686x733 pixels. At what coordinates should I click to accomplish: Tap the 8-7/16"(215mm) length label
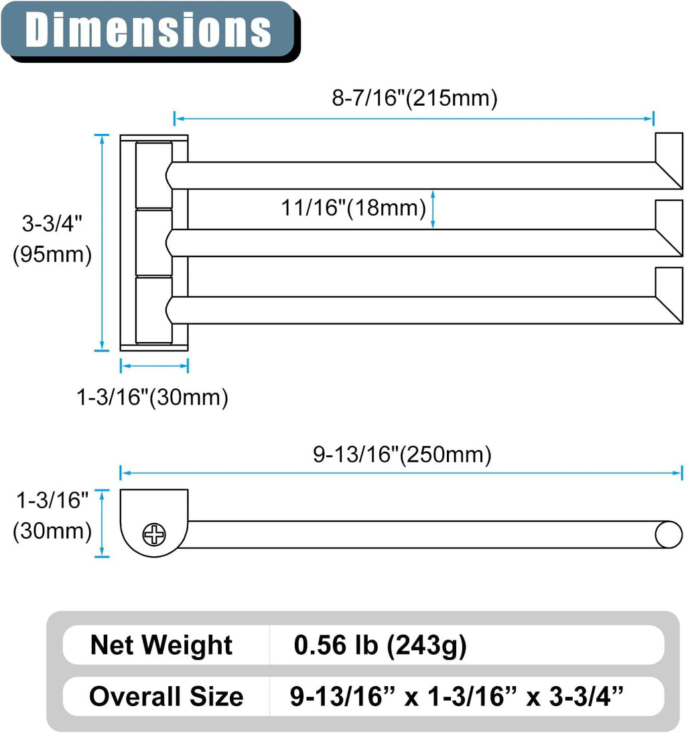[x=414, y=98]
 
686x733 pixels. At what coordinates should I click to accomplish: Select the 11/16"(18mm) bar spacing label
[x=353, y=208]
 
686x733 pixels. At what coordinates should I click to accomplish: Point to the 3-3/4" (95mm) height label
[x=52, y=239]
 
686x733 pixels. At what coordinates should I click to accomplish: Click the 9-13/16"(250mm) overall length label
[x=402, y=455]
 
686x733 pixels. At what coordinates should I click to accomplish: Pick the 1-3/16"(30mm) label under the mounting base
[x=152, y=398]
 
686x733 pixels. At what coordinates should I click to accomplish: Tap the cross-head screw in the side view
[x=154, y=534]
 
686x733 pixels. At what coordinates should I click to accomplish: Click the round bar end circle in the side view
[x=669, y=534]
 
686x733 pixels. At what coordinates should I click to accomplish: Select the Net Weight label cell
[x=161, y=645]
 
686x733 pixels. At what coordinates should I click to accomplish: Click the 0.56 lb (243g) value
[x=380, y=645]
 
